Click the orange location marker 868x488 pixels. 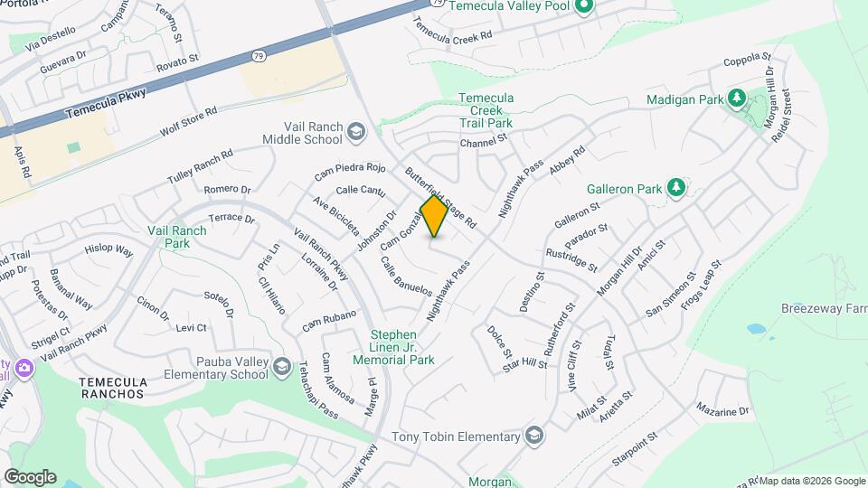pos(434,216)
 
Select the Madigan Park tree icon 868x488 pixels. pos(737,98)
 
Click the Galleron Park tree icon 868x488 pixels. pos(675,188)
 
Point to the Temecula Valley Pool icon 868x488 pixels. pos(583,8)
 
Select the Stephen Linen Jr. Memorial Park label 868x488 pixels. pos(402,347)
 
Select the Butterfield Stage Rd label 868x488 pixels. pos(440,197)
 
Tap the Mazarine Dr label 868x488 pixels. pos(722,410)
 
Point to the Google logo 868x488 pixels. pos(30,476)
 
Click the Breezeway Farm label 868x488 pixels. pos(824,308)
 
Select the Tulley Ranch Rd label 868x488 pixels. pos(200,167)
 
